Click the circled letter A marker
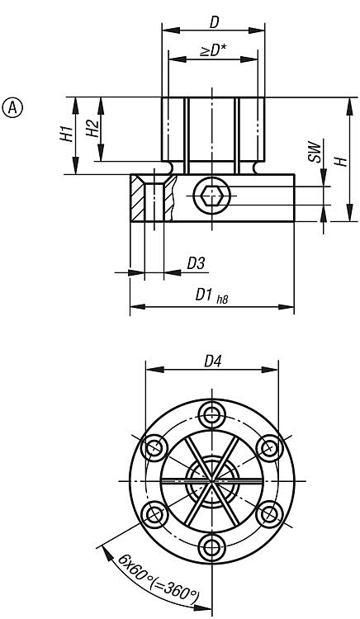(13, 107)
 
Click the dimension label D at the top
(215, 17)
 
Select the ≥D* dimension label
(214, 50)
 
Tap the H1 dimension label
(67, 135)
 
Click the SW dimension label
(315, 174)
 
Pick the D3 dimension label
(196, 263)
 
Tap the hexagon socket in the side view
(212, 196)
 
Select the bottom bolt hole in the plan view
(214, 546)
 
